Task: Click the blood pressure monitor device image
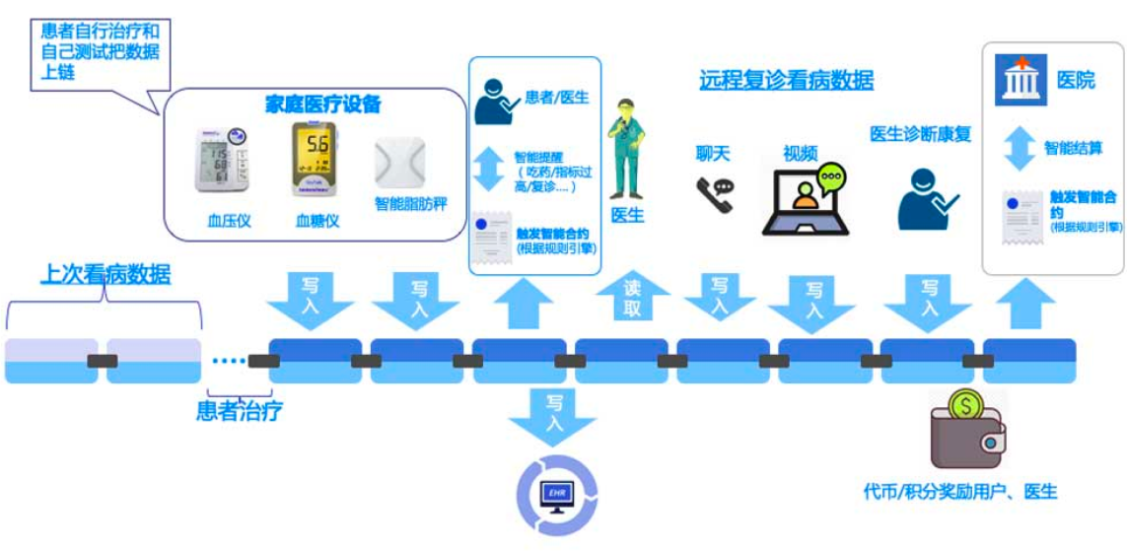tap(220, 159)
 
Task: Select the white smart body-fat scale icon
tap(399, 163)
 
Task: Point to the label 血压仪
tap(229, 221)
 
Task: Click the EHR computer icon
tap(557, 495)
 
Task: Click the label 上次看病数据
tap(105, 274)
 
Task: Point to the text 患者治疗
tap(240, 410)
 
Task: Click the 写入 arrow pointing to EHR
tap(553, 412)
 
